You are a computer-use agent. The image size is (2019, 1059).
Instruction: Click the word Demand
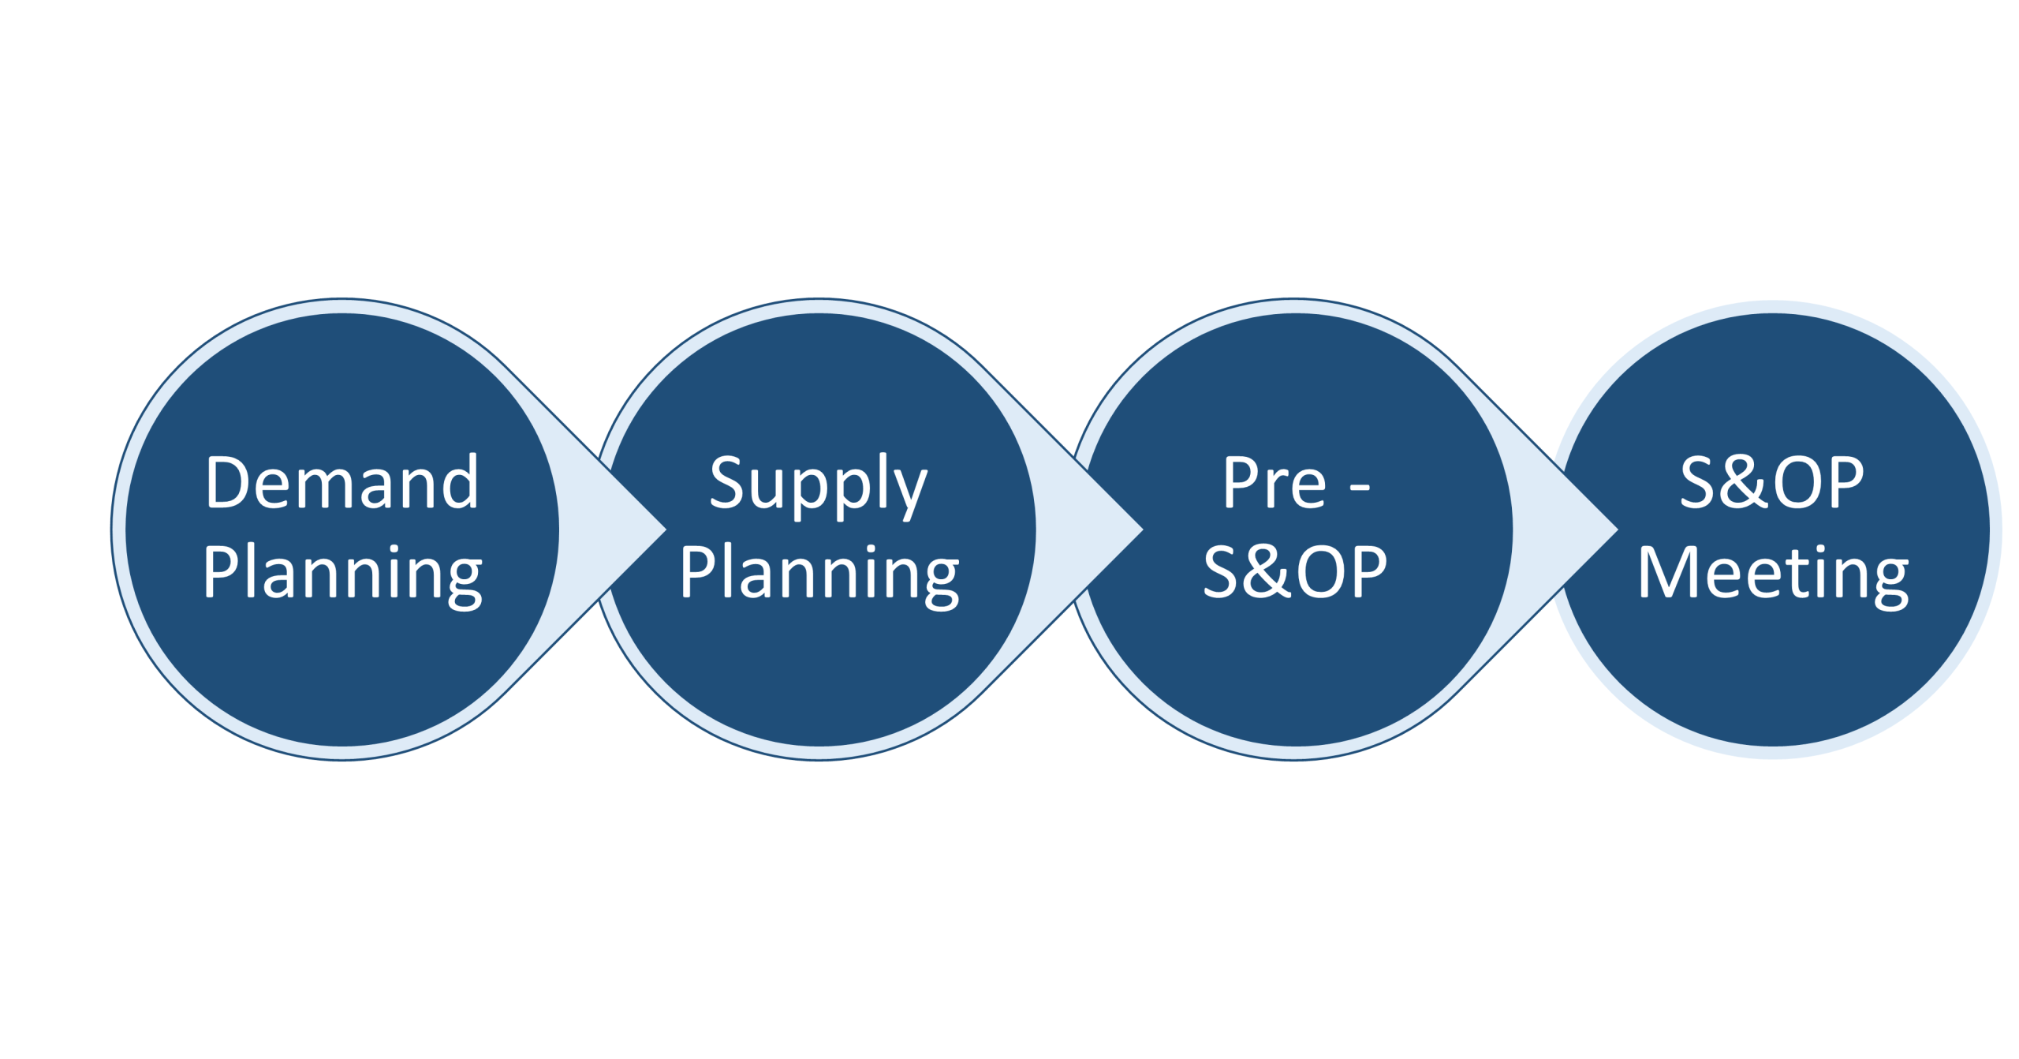coord(341,483)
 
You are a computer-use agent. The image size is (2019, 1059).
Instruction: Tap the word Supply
coord(818,483)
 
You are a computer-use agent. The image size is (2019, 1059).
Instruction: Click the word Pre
coord(1274,483)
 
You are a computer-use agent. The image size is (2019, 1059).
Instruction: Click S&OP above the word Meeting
coord(1771,483)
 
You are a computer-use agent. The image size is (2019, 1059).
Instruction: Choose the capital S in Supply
coord(726,483)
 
